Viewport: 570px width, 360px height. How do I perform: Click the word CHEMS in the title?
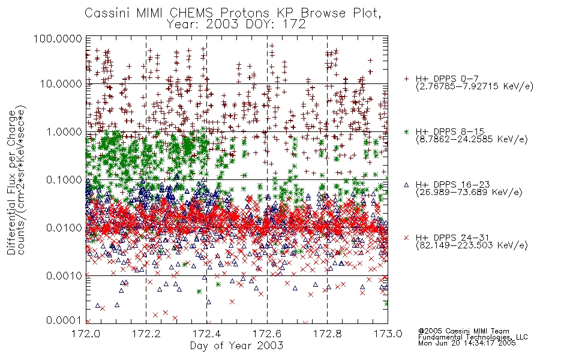click(x=191, y=13)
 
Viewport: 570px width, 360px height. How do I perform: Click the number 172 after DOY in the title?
click(x=294, y=25)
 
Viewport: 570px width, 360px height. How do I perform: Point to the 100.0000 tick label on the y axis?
click(x=58, y=38)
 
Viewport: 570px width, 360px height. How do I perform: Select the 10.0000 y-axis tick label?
click(x=61, y=84)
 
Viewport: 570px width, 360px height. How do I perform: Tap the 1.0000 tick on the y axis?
click(x=64, y=131)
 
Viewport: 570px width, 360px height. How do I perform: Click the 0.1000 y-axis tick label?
click(x=64, y=179)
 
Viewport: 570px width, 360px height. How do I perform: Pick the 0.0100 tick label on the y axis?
click(x=64, y=228)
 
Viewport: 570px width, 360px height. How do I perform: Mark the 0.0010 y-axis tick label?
click(x=64, y=276)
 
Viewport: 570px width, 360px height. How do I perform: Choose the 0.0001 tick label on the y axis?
click(x=64, y=320)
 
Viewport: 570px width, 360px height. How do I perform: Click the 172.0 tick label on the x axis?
click(x=86, y=334)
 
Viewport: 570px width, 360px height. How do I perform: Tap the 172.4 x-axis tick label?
click(x=206, y=334)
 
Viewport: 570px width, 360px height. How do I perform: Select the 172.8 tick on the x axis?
click(x=327, y=334)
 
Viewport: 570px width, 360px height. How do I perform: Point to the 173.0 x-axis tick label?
click(x=388, y=334)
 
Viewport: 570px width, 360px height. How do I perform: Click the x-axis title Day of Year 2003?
click(x=236, y=346)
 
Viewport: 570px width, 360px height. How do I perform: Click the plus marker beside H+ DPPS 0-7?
click(x=406, y=79)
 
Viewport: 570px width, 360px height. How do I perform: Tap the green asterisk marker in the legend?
click(x=406, y=131)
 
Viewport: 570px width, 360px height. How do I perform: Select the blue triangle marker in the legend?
click(x=406, y=185)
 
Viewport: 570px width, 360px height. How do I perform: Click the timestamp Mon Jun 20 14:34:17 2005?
click(x=467, y=343)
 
